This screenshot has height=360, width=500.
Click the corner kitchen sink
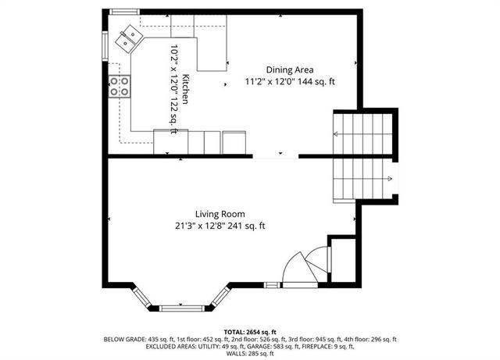pyautogui.click(x=127, y=37)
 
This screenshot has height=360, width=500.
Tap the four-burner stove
pyautogui.click(x=120, y=86)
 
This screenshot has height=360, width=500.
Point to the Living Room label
pyautogui.click(x=220, y=214)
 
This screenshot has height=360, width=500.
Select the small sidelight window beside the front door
pyautogui.click(x=271, y=285)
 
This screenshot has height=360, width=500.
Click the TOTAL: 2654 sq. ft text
pyautogui.click(x=250, y=332)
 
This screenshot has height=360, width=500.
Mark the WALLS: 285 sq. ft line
pyautogui.click(x=250, y=355)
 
